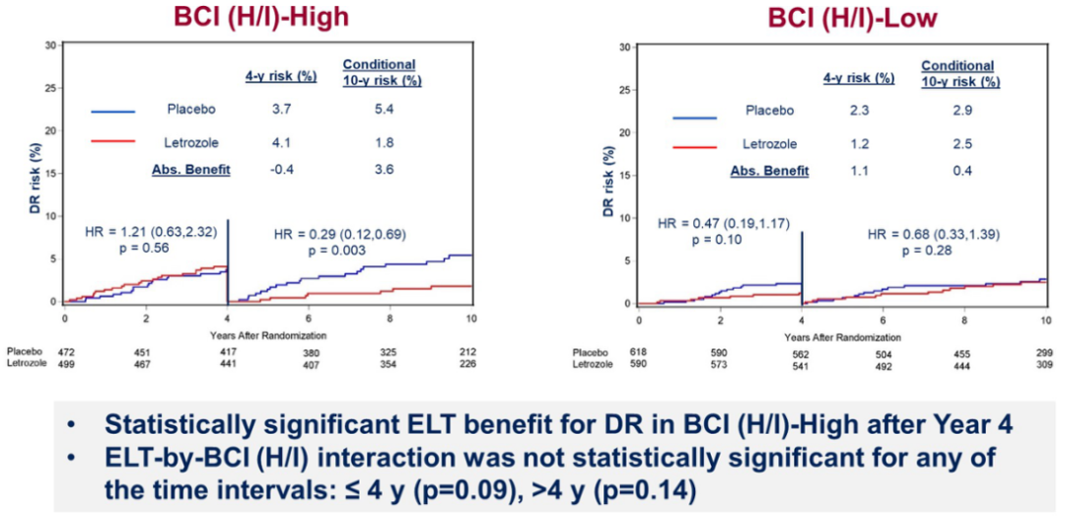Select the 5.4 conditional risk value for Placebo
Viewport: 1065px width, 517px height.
click(380, 109)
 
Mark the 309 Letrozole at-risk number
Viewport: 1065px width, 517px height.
click(1044, 365)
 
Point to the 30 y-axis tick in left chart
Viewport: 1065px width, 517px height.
click(48, 44)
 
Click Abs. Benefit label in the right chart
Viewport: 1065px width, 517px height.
click(770, 171)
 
